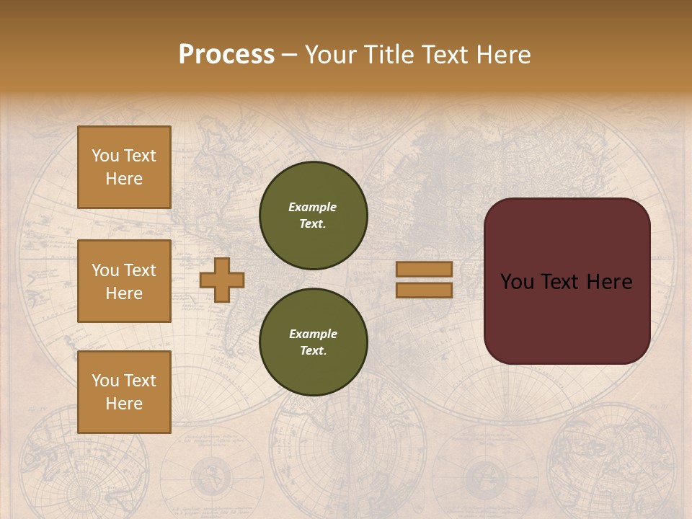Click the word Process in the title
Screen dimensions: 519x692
226,55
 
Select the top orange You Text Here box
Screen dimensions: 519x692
124,167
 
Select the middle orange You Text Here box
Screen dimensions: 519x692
124,281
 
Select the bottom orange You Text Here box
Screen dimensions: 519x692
124,392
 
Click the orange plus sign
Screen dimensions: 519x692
222,280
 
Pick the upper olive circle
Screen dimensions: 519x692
313,216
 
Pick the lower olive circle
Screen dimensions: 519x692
313,342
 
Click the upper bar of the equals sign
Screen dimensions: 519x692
424,270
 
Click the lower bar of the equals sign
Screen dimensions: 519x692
424,290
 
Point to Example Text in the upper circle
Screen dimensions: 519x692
313,216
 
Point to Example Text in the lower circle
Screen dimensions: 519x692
313,342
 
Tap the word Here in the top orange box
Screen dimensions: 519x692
124,179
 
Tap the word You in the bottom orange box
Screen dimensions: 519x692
105,381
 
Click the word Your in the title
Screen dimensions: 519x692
332,55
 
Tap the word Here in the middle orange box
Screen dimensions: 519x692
124,293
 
